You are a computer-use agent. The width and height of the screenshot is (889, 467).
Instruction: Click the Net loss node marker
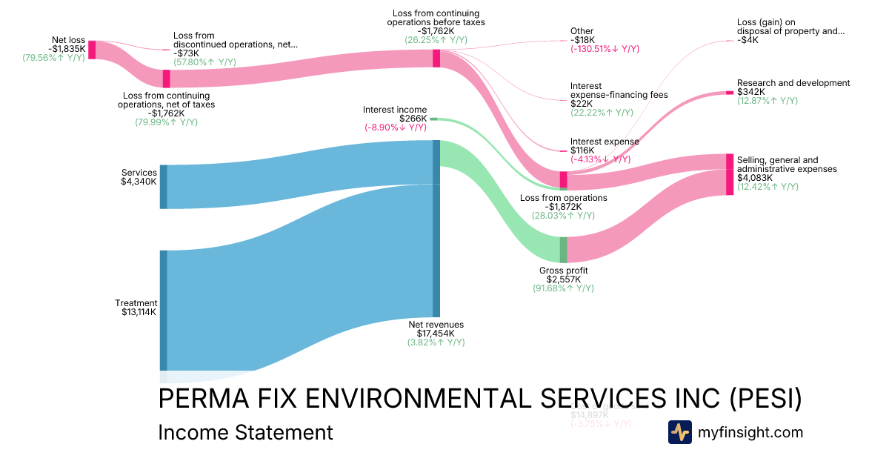coord(92,50)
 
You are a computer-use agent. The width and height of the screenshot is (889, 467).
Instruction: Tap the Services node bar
coord(164,187)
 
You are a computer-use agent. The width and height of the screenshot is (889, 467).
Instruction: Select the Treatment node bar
coord(164,310)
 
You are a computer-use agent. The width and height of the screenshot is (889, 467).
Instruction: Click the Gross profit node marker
coord(563,250)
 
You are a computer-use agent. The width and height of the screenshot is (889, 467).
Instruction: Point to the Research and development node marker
coord(729,93)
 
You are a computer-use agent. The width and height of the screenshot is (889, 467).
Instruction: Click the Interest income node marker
coord(434,119)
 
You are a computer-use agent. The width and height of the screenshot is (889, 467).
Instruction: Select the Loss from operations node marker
coord(563,179)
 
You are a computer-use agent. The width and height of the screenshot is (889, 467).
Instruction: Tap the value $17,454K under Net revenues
coord(436,334)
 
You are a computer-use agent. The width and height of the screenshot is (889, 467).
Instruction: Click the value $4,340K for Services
coord(139,182)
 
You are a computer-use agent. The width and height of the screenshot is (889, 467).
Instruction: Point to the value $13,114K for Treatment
coord(139,312)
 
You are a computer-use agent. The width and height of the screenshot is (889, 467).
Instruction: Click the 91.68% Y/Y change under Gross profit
coord(563,288)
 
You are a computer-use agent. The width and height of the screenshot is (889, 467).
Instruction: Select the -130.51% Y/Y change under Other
coord(605,49)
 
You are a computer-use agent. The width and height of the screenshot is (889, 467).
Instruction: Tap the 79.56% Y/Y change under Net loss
coord(53,58)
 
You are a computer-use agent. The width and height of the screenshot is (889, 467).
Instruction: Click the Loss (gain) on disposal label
coord(790,27)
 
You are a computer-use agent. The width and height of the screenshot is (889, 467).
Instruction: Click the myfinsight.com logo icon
coord(679,432)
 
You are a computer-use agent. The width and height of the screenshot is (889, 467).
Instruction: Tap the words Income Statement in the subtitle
coord(245,432)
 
